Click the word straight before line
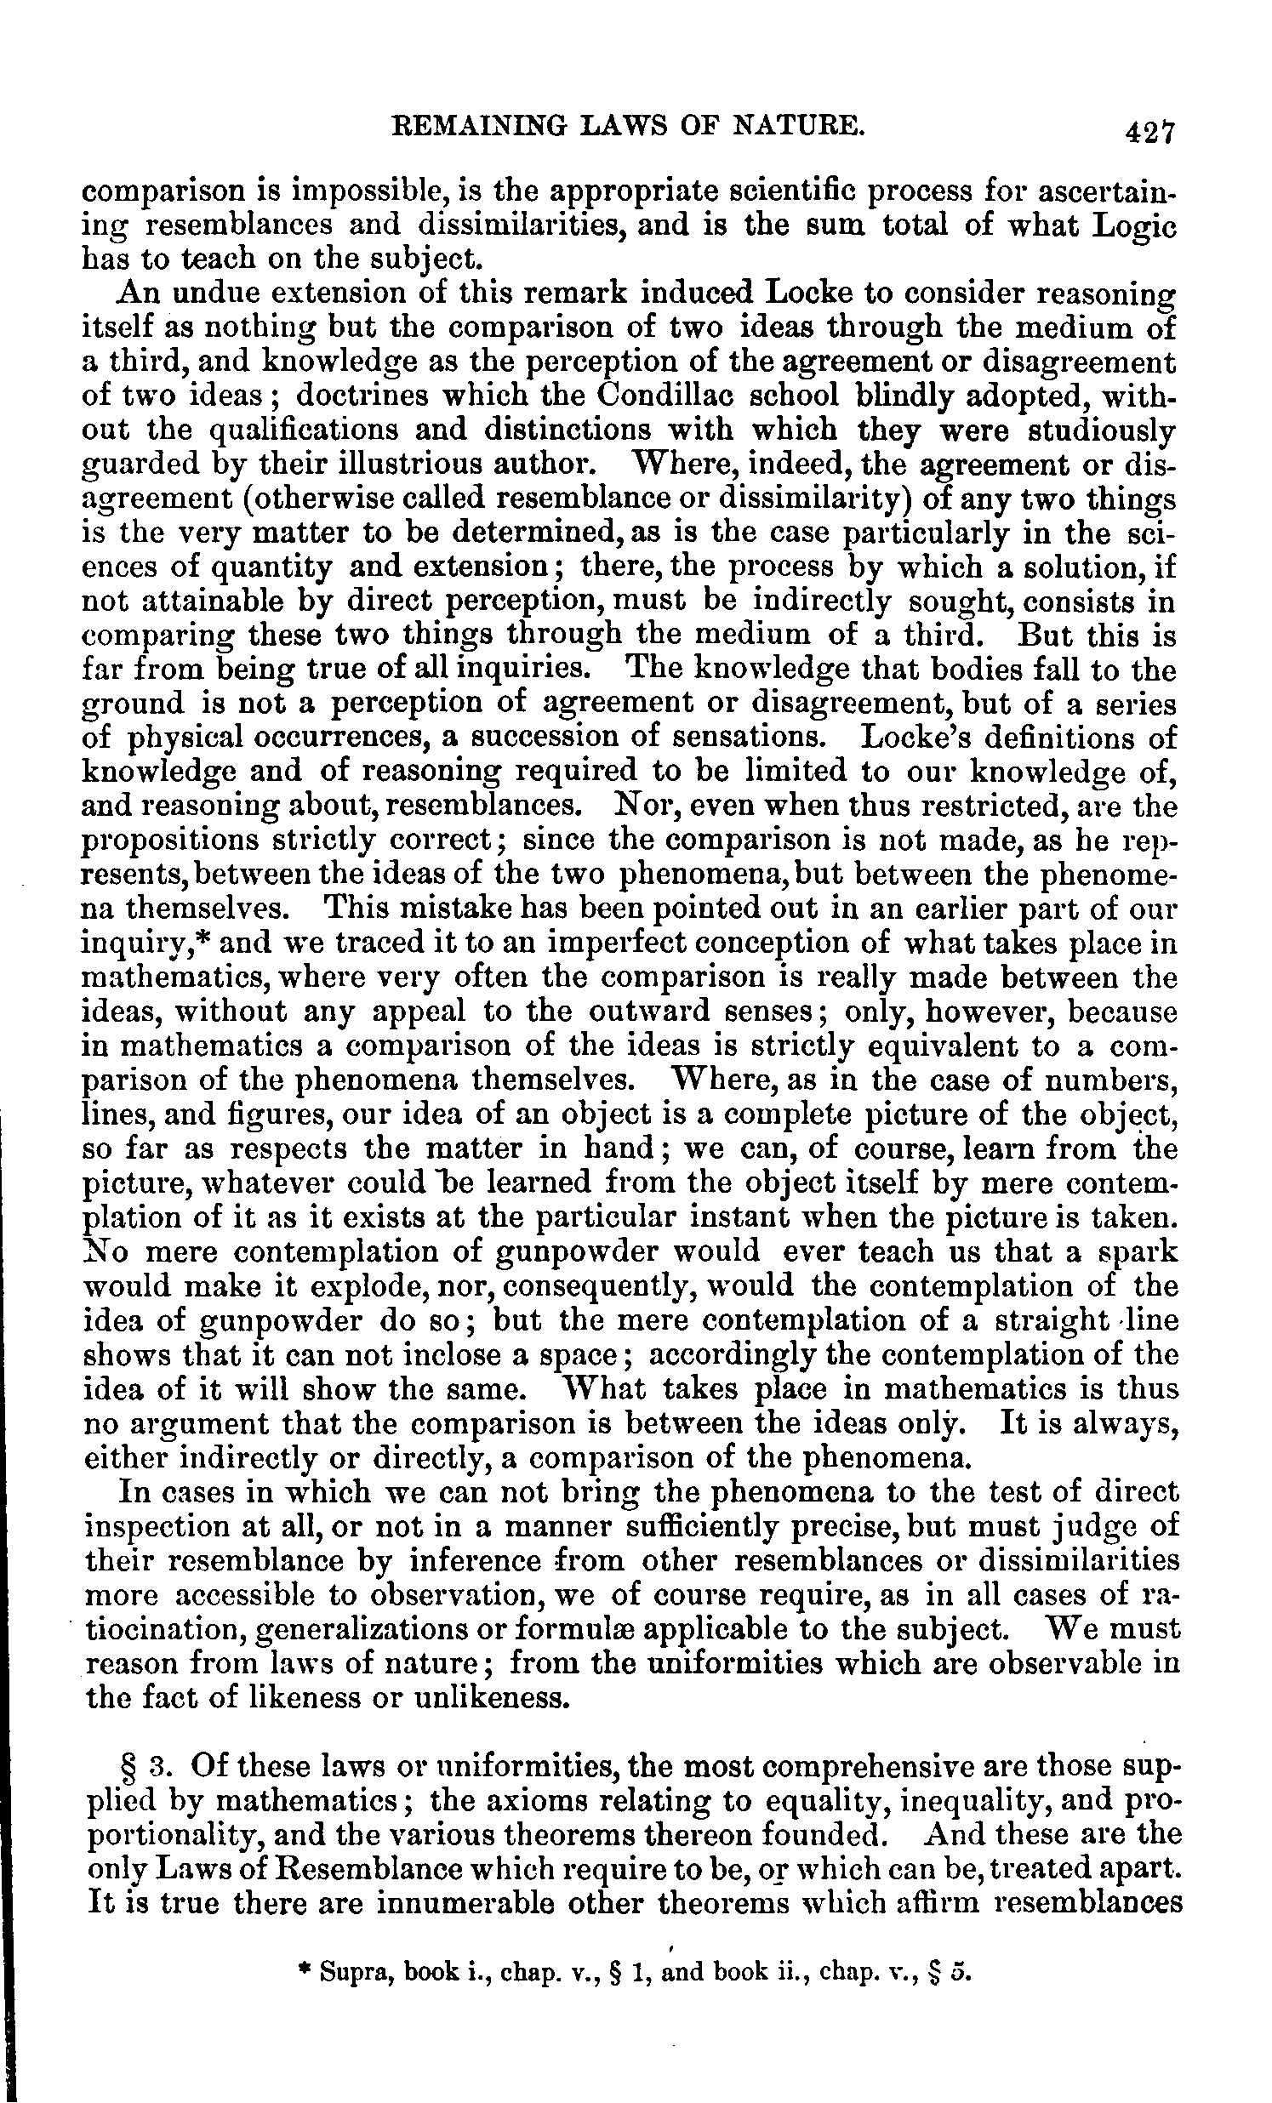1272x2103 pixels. point(1052,1319)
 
